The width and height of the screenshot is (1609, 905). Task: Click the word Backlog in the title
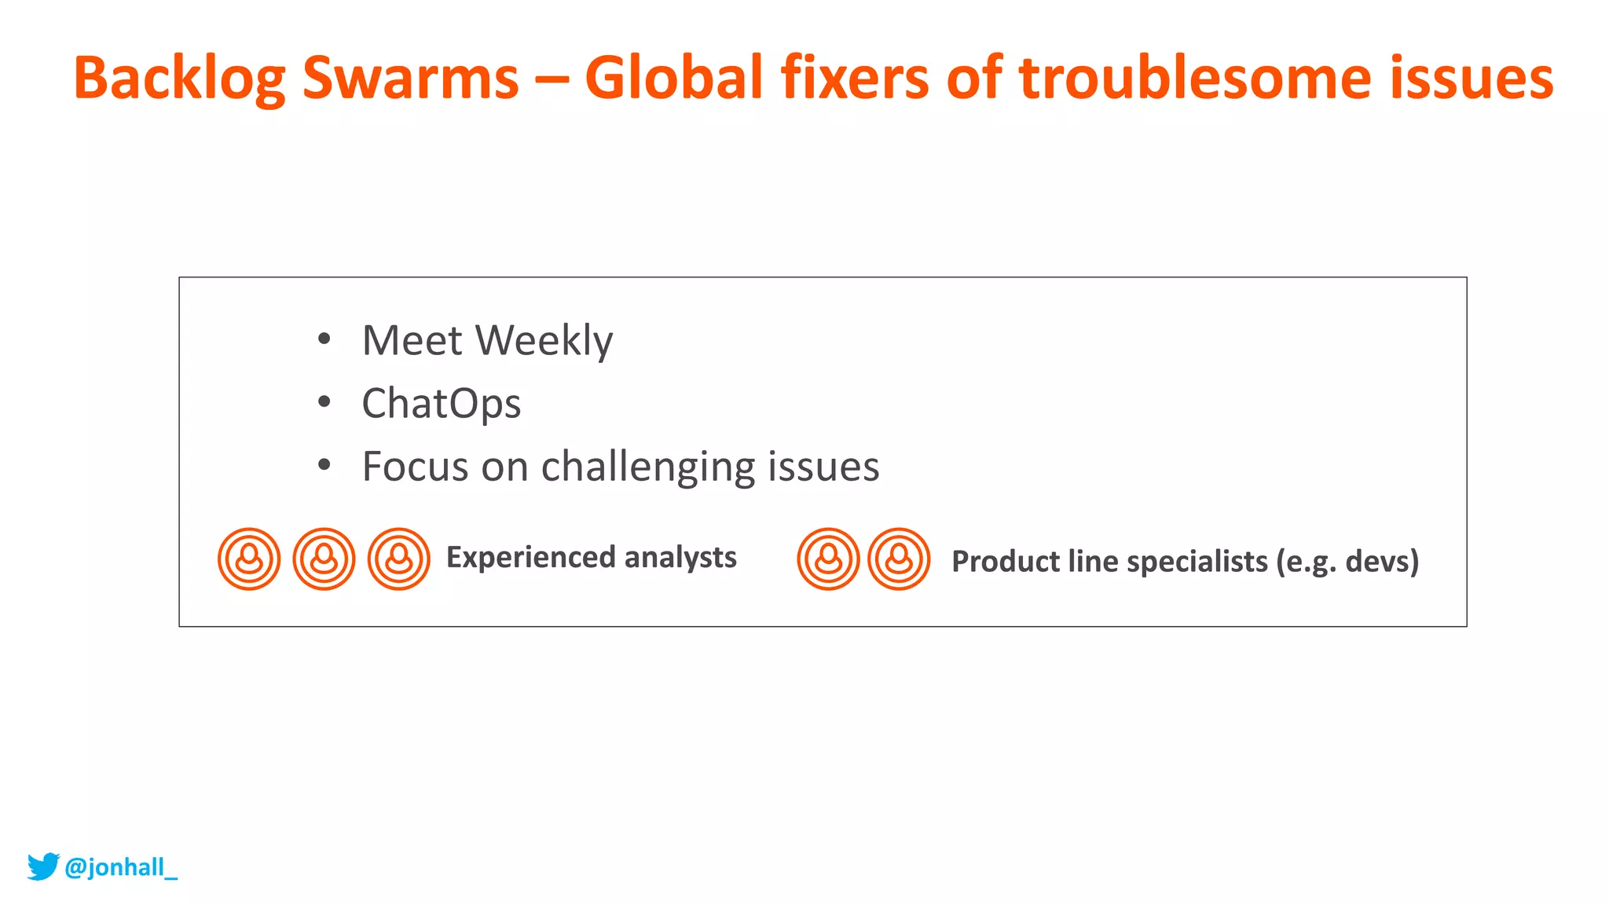tap(179, 79)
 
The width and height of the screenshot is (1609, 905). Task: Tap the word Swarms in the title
tap(410, 79)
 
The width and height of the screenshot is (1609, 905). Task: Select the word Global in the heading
tap(673, 79)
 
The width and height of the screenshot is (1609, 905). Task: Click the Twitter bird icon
tap(43, 867)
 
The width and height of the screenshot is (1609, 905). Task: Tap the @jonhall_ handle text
tap(121, 867)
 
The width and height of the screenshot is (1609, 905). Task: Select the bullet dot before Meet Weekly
tap(324, 339)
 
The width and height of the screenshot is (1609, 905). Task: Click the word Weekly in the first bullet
tap(544, 341)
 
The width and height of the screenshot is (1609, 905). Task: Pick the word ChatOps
tap(441, 404)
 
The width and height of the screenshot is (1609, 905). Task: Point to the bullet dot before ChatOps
tap(324, 402)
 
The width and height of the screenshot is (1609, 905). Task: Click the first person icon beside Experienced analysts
tap(249, 559)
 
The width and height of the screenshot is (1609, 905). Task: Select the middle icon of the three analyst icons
tap(324, 559)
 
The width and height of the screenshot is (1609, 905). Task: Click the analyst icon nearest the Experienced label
tap(399, 559)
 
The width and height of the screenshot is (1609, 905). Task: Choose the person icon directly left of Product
tap(899, 559)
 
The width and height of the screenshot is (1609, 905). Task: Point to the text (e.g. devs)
tap(1347, 562)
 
